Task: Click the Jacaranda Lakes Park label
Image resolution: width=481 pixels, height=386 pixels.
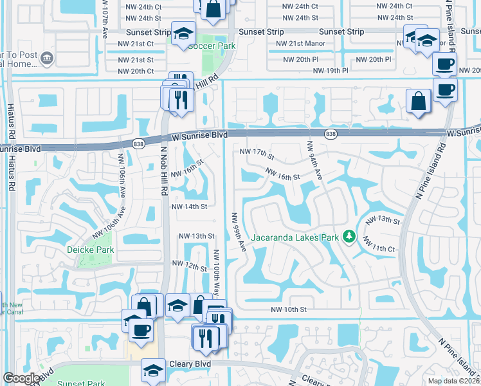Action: point(295,237)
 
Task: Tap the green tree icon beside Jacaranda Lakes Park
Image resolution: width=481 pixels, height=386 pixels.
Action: point(349,237)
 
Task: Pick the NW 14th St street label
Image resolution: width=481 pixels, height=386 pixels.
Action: point(189,207)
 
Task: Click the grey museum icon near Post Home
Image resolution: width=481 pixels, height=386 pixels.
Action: point(46,59)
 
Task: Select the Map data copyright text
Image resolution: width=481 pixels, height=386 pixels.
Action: point(453,381)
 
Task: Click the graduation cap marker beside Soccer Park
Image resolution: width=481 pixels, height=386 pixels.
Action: point(183,33)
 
